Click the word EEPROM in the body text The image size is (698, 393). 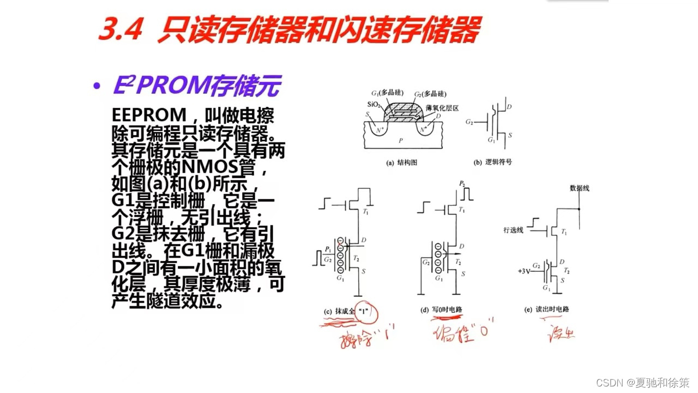click(149, 115)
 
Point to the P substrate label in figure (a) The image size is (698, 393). click(401, 140)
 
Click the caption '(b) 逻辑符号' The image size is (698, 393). click(493, 162)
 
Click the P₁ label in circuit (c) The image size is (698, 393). click(328, 249)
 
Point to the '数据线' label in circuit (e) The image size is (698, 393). click(579, 188)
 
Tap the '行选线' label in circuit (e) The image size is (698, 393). click(513, 230)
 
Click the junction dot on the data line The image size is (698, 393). click(579, 209)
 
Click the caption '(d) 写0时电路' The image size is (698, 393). click(441, 309)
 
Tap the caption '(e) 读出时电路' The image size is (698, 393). click(547, 309)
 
